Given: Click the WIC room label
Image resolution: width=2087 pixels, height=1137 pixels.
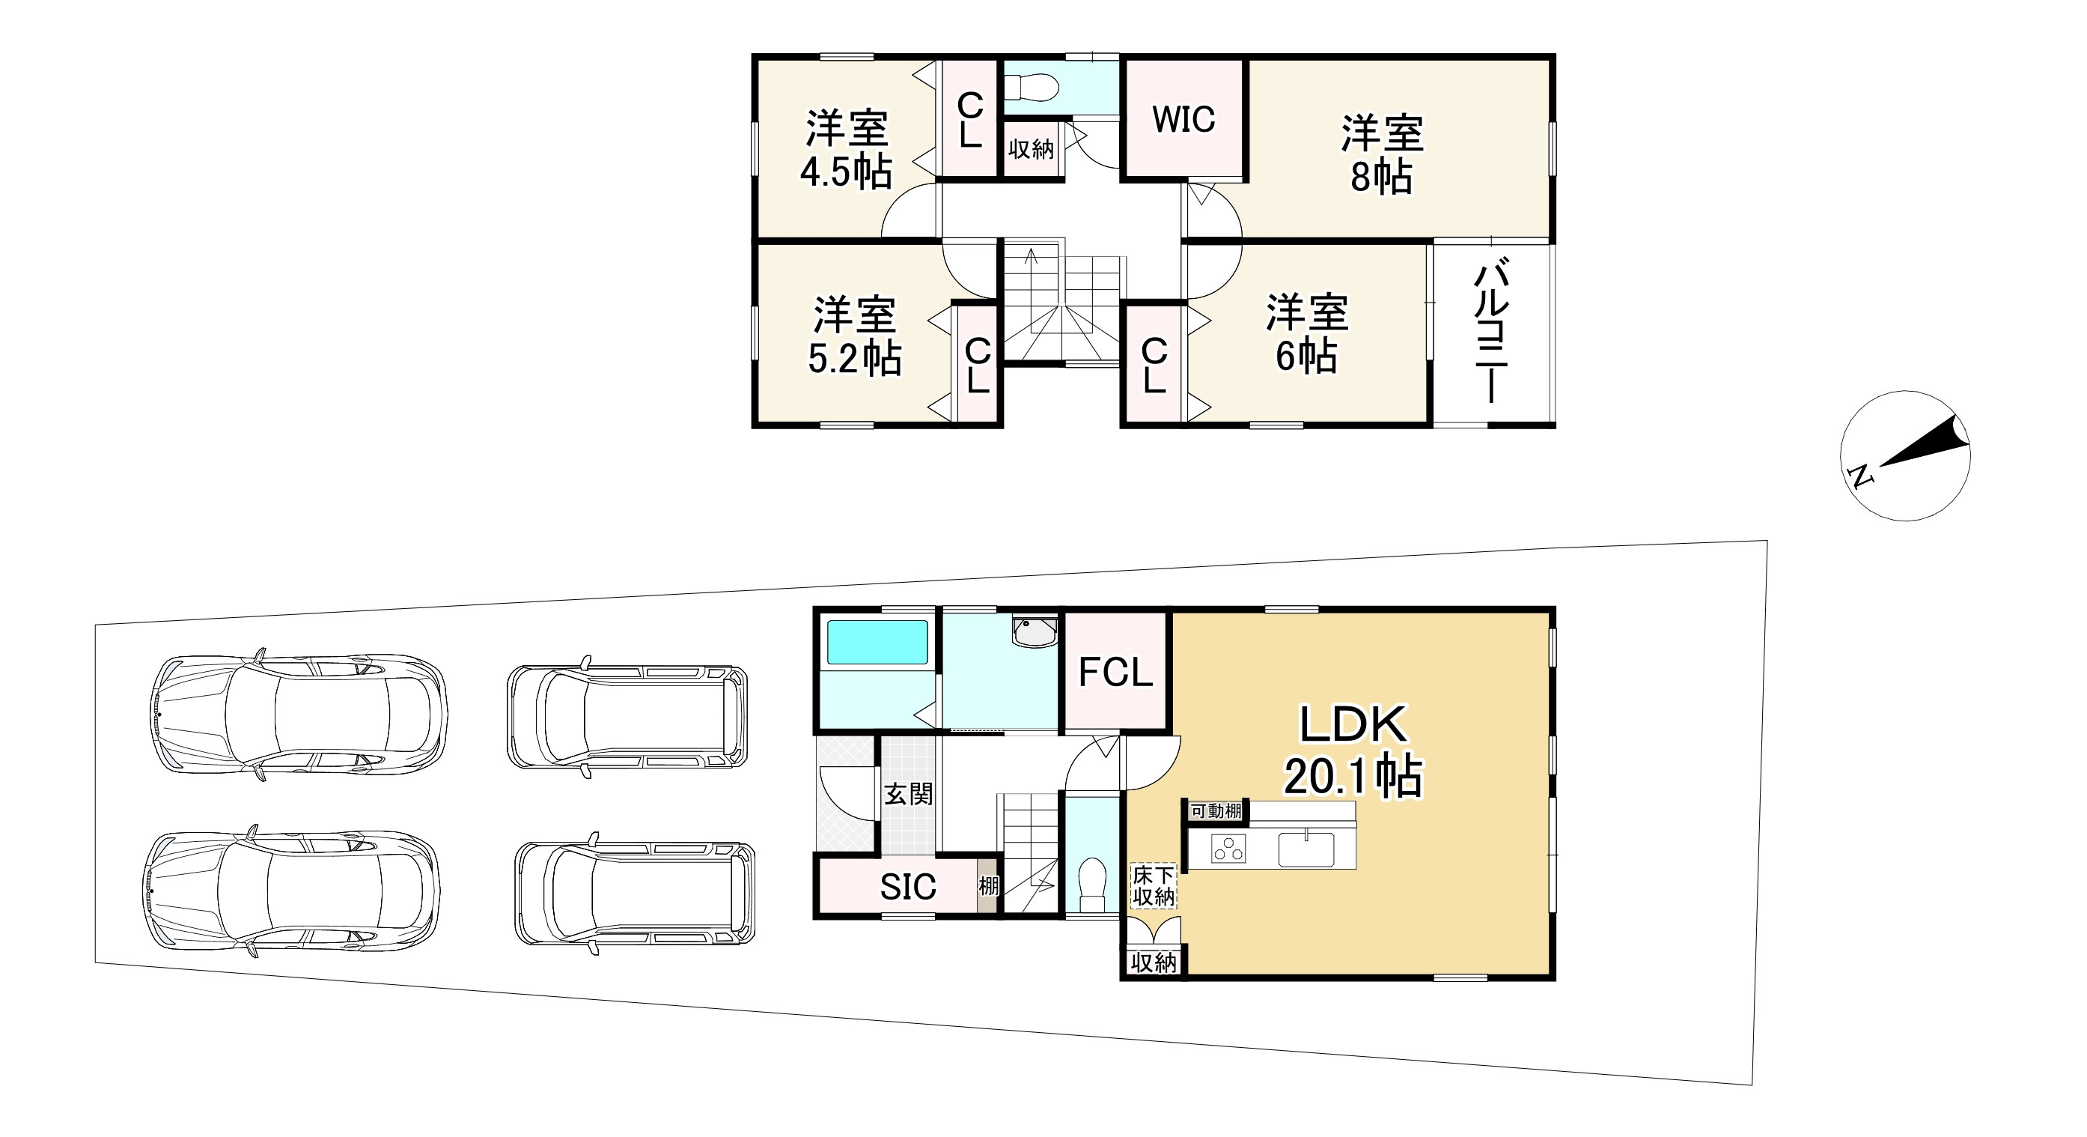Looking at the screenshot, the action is (1183, 120).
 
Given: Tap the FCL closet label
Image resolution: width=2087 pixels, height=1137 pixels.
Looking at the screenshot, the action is (1115, 673).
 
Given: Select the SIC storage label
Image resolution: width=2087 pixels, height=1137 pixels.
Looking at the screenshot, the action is (908, 888).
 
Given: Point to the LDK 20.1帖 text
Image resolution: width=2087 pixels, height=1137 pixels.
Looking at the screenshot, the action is (1353, 751).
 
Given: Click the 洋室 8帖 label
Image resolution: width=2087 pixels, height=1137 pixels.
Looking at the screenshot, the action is (1381, 155).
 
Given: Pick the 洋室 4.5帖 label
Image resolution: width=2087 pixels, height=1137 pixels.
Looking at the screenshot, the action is (847, 150).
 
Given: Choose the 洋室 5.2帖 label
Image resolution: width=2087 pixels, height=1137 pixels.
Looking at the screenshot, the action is (855, 336).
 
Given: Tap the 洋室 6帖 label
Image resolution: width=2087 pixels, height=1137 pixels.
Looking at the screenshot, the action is (1307, 334).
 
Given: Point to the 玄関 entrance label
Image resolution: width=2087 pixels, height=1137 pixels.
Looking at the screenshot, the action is (908, 794).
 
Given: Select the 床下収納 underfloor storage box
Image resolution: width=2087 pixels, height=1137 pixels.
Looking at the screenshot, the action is (1153, 886).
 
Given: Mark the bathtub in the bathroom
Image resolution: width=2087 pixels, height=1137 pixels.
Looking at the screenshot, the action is (877, 643).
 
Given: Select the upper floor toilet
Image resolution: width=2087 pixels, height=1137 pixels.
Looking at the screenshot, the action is (1032, 86).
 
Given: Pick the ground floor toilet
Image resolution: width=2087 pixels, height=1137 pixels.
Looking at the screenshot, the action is (1091, 885).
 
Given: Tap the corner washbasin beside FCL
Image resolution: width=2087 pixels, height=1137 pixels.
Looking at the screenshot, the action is (1035, 631).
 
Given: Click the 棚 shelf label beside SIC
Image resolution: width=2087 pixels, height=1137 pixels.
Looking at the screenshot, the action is (988, 887).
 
